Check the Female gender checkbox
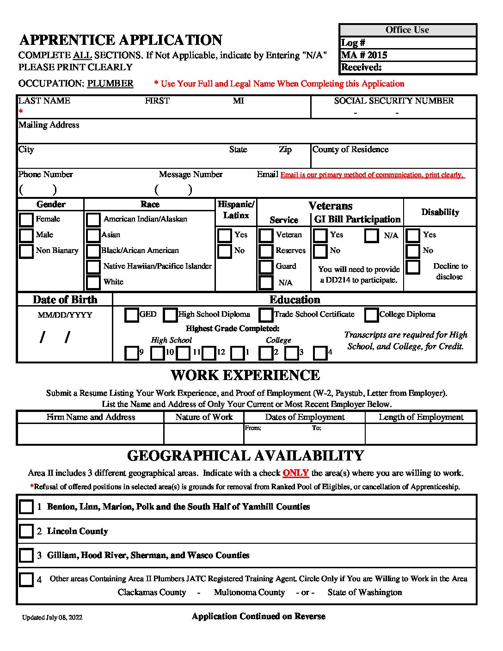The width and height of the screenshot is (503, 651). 26,220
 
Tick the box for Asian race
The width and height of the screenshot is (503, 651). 93,235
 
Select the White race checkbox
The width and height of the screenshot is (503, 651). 93,282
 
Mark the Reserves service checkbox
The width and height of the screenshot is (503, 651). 266,251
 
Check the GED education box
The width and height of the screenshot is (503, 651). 132,315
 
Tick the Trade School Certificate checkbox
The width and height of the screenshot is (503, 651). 266,315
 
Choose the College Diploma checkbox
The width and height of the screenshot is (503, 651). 371,315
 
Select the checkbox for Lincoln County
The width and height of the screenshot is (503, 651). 26,531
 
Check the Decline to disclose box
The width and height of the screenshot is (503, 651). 413,267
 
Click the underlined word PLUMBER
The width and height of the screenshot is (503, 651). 110,84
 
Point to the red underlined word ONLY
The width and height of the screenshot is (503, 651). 295,473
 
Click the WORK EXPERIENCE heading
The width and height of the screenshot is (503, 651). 245,375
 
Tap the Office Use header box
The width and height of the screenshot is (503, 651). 407,30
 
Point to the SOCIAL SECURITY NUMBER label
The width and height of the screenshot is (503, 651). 394,101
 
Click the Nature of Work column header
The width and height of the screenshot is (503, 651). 204,417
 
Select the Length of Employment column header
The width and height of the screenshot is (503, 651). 421,417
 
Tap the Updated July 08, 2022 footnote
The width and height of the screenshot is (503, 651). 52,618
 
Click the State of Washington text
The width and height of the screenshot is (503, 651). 365,592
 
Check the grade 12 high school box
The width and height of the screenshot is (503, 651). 209,353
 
